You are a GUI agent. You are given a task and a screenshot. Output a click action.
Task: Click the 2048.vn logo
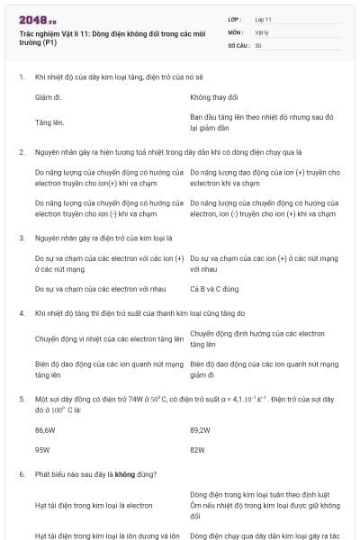pyautogui.click(x=38, y=19)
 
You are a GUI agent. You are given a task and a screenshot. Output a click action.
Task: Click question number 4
pyautogui.click(x=22, y=313)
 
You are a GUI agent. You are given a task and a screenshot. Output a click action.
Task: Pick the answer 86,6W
pyautogui.click(x=45, y=430)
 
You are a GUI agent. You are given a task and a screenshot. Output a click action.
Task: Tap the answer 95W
pyautogui.click(x=42, y=448)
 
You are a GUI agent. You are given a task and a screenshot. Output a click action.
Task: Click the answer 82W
pyautogui.click(x=198, y=448)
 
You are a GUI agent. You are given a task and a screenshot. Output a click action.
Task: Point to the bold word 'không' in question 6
pyautogui.click(x=125, y=473)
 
